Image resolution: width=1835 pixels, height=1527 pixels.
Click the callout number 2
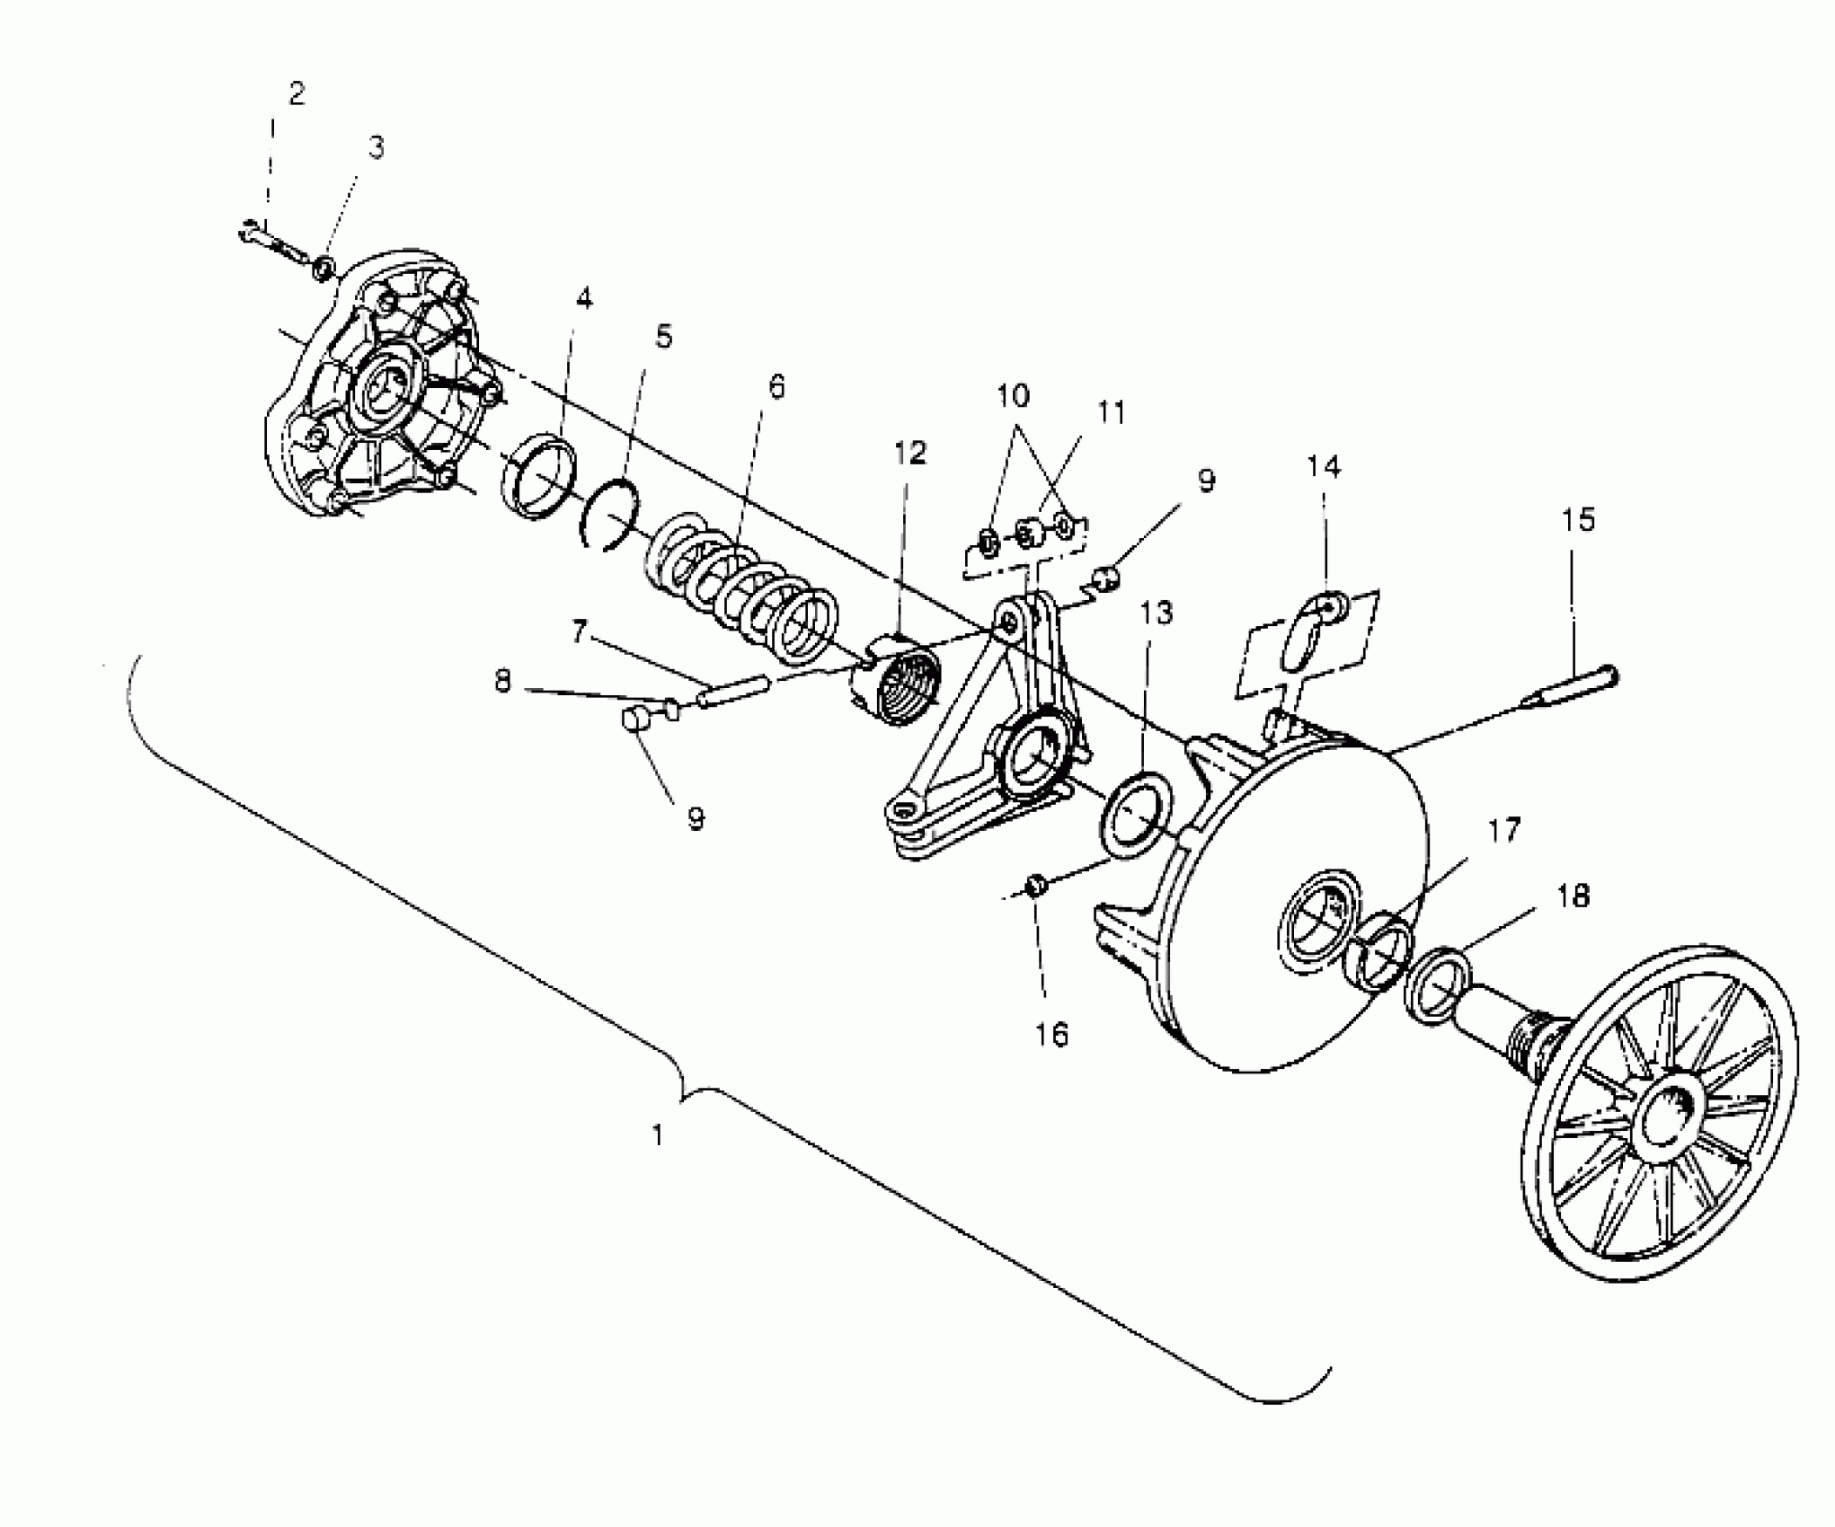[297, 93]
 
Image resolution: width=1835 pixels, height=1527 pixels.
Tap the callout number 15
[1578, 520]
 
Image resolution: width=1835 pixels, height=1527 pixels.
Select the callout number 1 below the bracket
[658, 1136]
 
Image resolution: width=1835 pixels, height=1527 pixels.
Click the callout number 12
[909, 453]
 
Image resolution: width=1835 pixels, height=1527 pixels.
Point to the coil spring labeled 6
[741, 585]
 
